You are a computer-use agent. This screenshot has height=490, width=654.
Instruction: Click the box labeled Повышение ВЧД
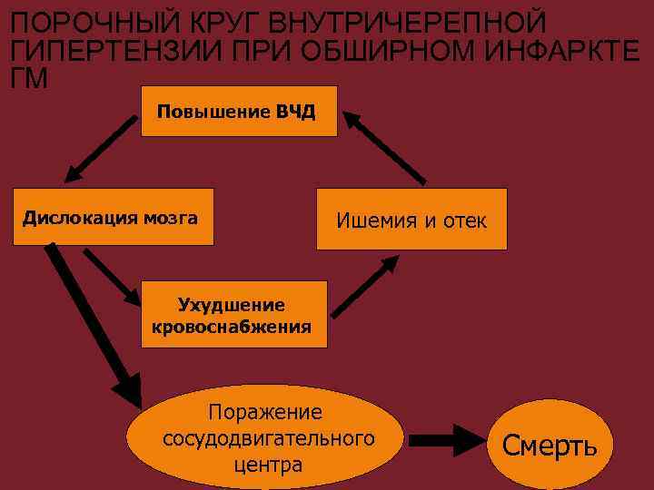pos(239,111)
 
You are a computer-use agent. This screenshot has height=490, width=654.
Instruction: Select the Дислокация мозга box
pos(114,217)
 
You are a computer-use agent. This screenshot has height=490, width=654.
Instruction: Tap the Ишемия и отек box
pos(411,219)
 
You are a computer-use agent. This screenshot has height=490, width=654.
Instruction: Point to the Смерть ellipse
pos(550,445)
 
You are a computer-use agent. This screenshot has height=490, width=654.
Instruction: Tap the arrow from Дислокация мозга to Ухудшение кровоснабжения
pos(112,276)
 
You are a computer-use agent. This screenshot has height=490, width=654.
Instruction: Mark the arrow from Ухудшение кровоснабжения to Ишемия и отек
pos(365,287)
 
